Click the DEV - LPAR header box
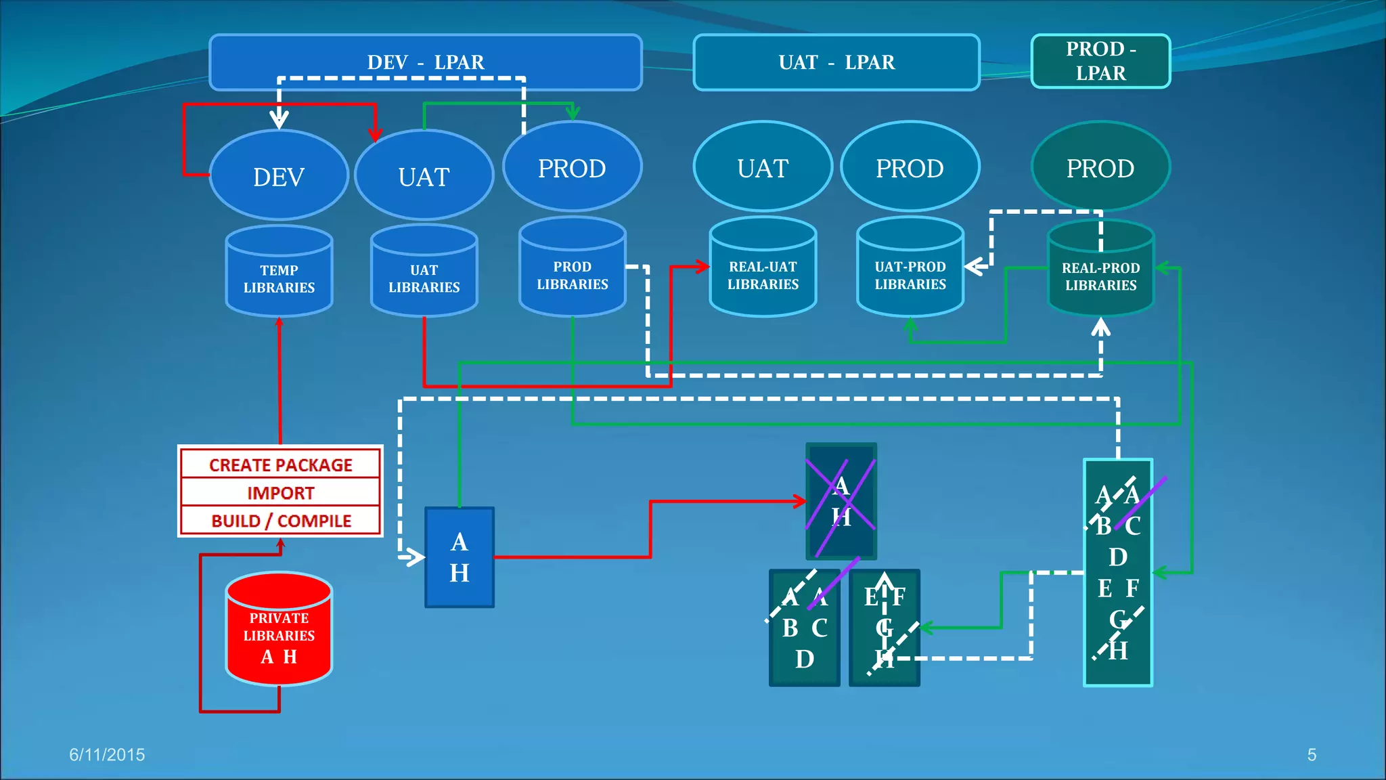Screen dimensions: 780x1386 425,62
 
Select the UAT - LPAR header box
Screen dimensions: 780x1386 836,62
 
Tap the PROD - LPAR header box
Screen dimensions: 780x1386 1100,61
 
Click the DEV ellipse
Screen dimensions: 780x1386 279,177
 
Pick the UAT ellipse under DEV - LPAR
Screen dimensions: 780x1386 424,177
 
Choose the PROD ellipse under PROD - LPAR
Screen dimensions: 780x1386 1100,168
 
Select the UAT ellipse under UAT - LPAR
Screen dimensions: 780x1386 763,168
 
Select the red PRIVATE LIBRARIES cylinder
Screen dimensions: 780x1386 279,633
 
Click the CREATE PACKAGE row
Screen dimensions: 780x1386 280,465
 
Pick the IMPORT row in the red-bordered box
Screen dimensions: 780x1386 280,493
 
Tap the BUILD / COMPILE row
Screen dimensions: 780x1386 280,521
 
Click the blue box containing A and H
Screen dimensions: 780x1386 459,557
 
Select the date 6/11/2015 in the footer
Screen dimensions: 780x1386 107,754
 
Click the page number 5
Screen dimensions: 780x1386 1312,754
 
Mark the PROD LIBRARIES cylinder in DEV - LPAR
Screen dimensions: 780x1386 573,274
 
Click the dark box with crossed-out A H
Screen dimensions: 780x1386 841,501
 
